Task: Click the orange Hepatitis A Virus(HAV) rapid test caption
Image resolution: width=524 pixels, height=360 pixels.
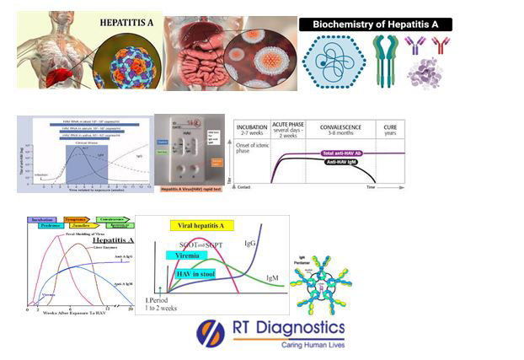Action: (190, 191)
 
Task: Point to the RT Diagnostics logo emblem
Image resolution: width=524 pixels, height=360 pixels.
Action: (211, 331)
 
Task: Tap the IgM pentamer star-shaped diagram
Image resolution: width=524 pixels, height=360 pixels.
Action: (320, 283)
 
